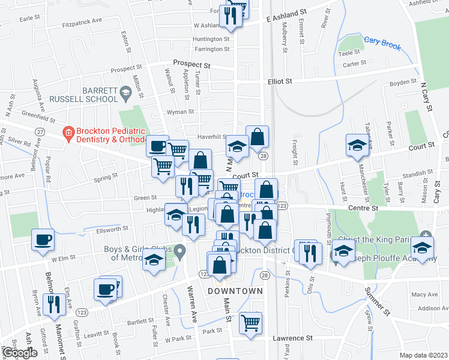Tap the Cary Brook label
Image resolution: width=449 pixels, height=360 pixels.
click(382, 43)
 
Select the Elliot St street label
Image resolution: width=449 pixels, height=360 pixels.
click(279, 81)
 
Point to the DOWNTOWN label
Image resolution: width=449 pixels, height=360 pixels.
click(235, 291)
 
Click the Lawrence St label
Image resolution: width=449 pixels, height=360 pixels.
click(293, 338)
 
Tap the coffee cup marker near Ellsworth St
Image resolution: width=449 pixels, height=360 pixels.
click(43, 240)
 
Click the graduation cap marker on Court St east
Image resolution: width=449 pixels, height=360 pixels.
click(357, 145)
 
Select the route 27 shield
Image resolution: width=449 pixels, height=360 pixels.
click(40, 131)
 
